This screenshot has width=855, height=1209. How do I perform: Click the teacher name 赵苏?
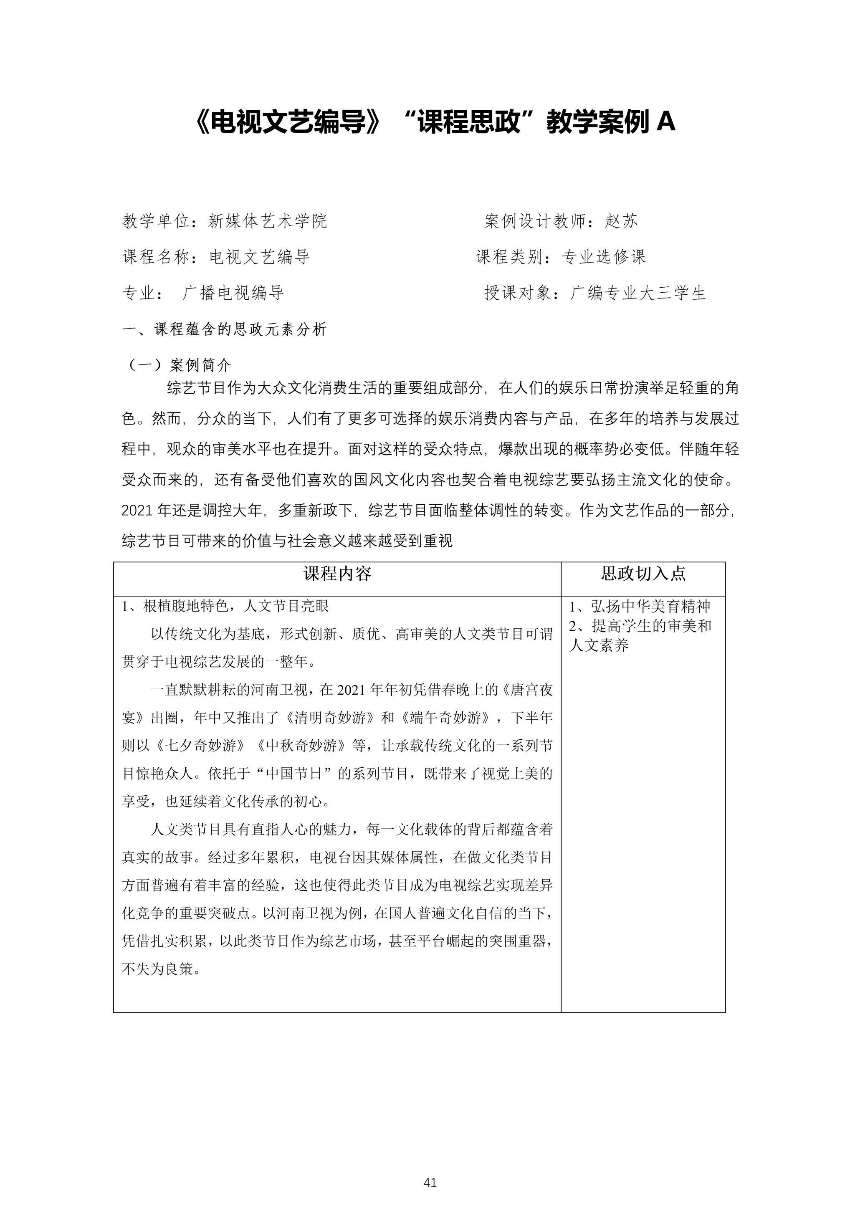click(621, 221)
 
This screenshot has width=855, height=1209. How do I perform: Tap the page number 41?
click(430, 1183)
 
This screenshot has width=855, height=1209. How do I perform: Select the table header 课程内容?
click(337, 574)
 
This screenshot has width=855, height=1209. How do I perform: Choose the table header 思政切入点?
click(643, 574)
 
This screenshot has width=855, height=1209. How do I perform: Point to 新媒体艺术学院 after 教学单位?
click(268, 221)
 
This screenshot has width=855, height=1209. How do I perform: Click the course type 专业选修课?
click(603, 257)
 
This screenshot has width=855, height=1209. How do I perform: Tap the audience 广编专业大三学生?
click(637, 293)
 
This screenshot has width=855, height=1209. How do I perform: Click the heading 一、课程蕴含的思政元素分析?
click(225, 330)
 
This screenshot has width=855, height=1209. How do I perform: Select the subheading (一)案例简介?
click(178, 365)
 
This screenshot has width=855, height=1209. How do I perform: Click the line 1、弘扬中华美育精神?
click(640, 607)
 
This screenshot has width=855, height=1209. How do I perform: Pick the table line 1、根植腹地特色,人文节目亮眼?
click(225, 606)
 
